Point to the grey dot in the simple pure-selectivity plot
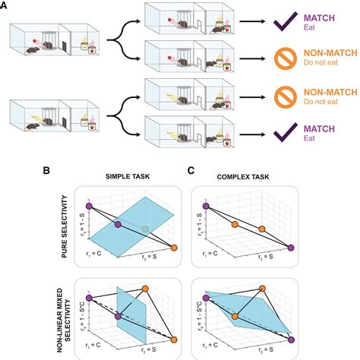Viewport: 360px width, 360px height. click(144, 229)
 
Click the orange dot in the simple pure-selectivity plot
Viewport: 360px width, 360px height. click(174, 248)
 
